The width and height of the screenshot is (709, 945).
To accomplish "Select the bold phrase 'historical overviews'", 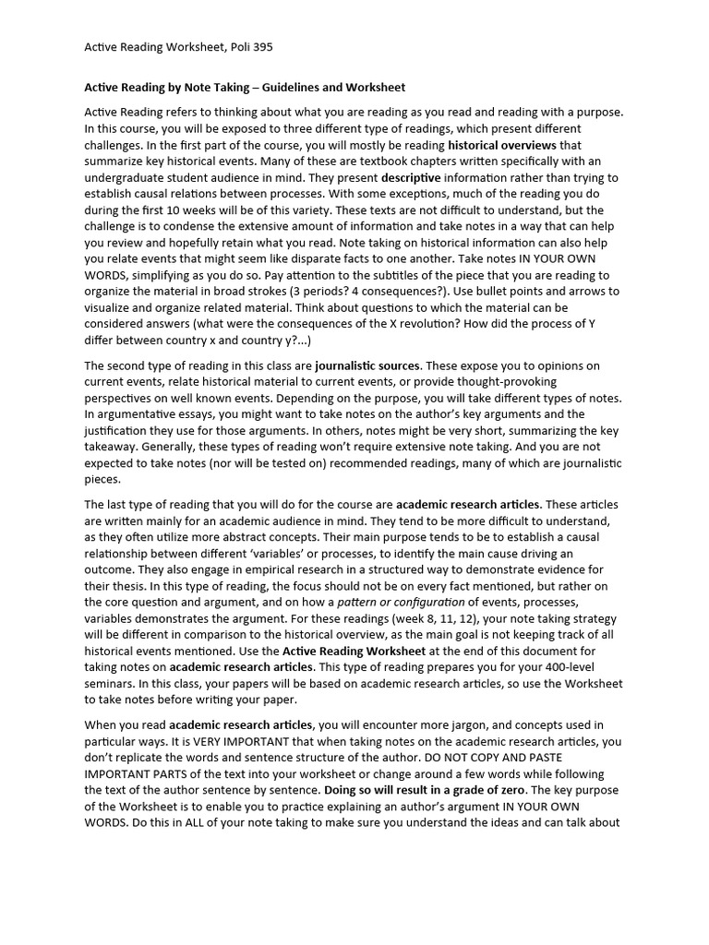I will [501, 145].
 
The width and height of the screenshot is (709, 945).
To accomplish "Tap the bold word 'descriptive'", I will [411, 177].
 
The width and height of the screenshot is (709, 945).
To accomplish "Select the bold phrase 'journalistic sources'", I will [367, 365].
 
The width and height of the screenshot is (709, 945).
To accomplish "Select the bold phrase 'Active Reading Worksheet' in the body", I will [342, 651].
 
